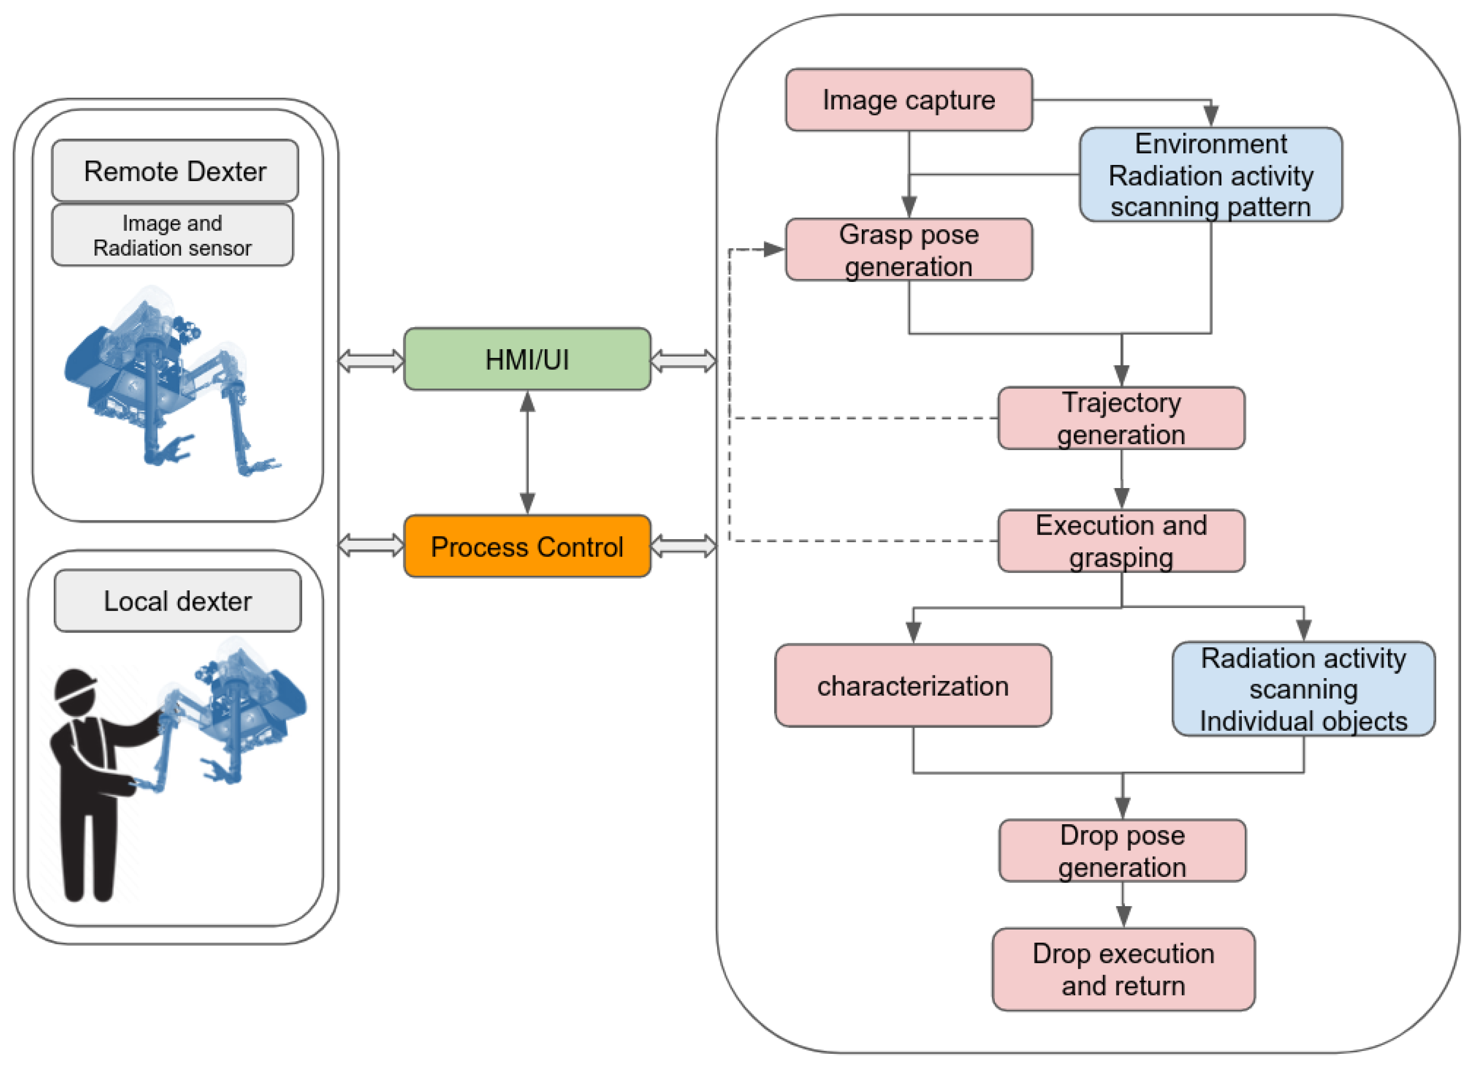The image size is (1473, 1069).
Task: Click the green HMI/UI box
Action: click(527, 359)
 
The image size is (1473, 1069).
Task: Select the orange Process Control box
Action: click(527, 546)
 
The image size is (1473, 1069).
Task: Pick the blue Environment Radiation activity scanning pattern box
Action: click(1210, 175)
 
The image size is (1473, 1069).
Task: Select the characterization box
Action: click(912, 685)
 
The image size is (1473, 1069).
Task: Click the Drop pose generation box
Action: click(1122, 850)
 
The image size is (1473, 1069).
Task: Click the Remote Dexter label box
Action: click(175, 171)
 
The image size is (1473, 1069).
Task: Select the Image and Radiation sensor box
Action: click(172, 235)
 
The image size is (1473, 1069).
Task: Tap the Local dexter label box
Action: click(177, 601)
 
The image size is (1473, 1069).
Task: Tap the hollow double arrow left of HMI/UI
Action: click(371, 361)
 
